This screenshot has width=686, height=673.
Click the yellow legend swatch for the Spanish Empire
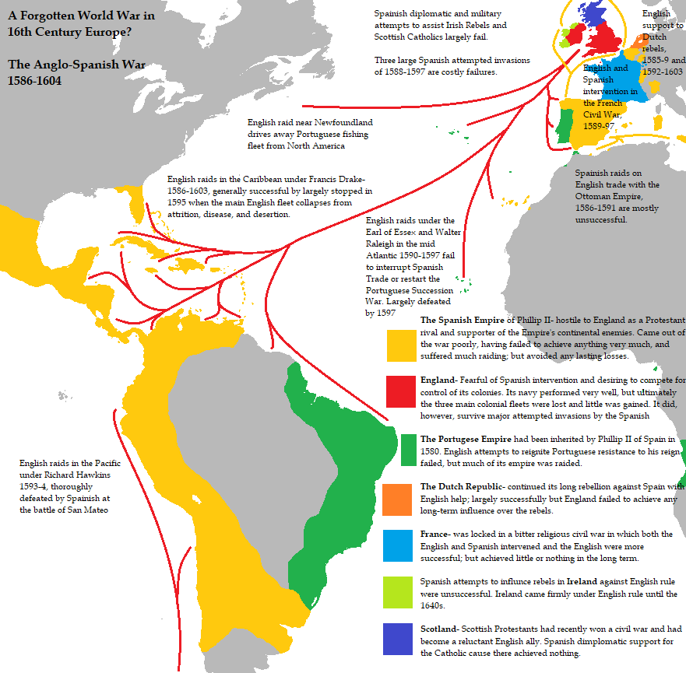click(401, 345)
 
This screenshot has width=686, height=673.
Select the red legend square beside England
click(401, 391)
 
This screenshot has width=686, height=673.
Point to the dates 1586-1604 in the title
click(34, 81)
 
